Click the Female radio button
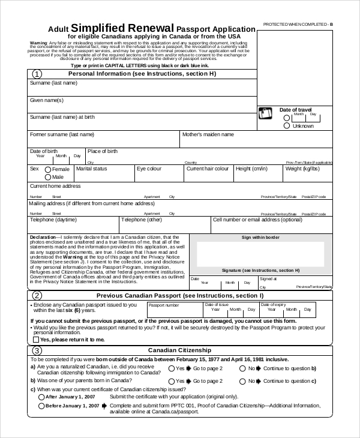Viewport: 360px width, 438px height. (x=48, y=170)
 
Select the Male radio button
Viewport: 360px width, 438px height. (x=48, y=178)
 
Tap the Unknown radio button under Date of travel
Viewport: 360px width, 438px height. (x=287, y=126)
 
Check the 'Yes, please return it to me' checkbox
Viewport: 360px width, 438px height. (x=35, y=340)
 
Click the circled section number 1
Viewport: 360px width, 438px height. (x=37, y=74)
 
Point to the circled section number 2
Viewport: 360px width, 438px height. (x=37, y=296)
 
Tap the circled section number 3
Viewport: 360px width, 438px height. (x=37, y=350)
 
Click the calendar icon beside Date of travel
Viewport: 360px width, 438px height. (x=265, y=114)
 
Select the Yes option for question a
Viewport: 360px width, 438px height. (x=172, y=368)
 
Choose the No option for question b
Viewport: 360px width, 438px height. (x=243, y=381)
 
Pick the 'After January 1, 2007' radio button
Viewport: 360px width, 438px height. (x=41, y=397)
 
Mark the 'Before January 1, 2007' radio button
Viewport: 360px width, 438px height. (x=41, y=406)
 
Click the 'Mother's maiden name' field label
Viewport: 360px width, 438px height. (x=208, y=135)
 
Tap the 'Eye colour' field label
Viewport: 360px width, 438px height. (x=149, y=169)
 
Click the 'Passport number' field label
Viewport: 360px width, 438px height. (x=164, y=305)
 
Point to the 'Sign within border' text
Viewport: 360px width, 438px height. (x=260, y=238)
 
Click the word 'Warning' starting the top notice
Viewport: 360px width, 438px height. (x=38, y=44)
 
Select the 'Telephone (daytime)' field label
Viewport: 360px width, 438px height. (x=53, y=220)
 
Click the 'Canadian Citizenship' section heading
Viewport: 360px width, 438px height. (x=179, y=350)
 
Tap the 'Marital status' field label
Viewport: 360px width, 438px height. (x=92, y=169)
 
